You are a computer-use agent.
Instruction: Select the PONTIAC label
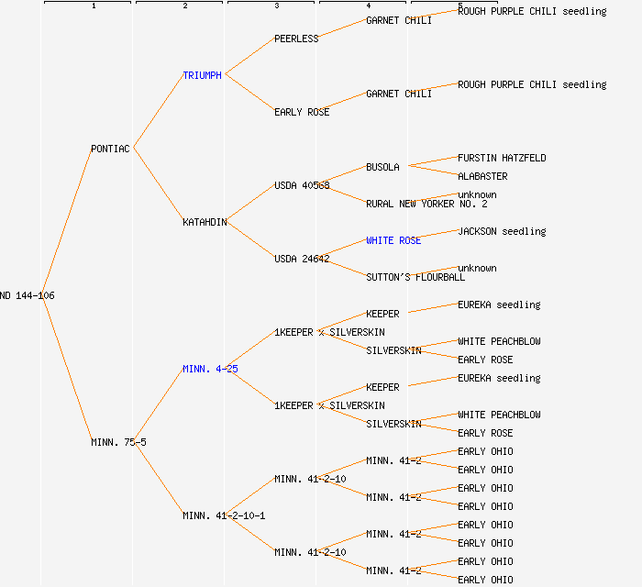111,149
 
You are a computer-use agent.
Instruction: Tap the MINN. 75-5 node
118,442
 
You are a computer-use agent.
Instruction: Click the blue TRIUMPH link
202,75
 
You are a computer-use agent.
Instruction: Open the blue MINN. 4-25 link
210,369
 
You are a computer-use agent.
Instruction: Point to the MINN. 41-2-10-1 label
224,515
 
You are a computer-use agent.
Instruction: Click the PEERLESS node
296,39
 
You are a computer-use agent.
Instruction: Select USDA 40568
302,185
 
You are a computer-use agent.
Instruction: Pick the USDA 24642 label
302,259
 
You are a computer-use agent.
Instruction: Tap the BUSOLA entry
382,167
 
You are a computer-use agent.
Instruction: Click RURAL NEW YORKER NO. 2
426,204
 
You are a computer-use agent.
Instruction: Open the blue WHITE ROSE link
393,240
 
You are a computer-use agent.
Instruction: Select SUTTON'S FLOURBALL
415,277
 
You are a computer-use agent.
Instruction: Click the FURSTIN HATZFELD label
502,158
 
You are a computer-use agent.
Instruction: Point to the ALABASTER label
482,176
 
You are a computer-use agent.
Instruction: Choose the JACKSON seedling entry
502,231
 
